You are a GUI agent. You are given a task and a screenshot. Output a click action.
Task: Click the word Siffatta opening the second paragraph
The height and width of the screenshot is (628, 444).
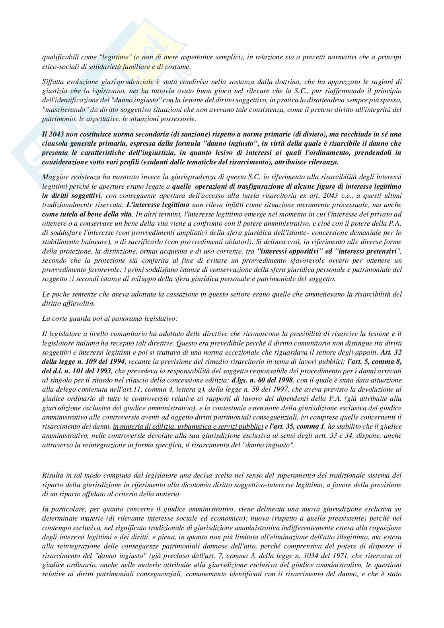[x=53, y=82]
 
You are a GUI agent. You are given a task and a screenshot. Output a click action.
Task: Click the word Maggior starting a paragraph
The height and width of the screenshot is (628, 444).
[x=54, y=176]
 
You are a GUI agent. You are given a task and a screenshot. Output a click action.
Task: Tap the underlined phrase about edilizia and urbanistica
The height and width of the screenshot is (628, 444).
[x=188, y=427]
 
